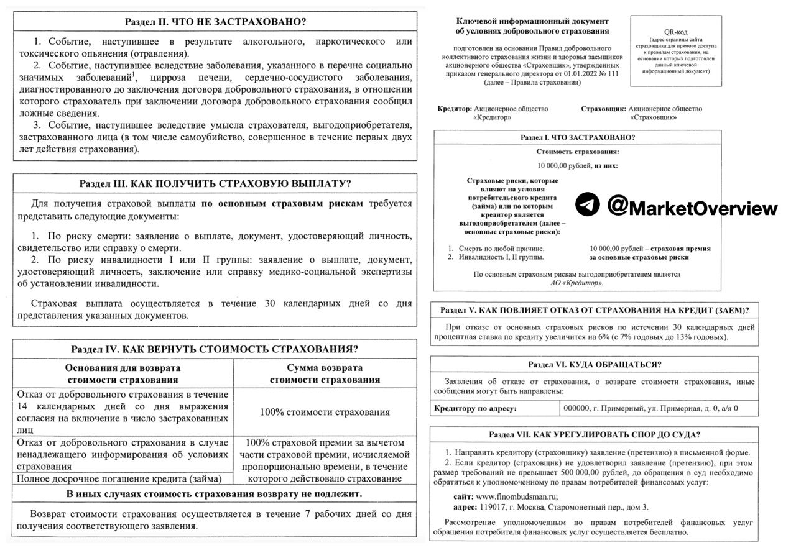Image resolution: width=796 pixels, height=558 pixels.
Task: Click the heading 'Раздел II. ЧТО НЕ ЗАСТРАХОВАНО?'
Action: (x=215, y=21)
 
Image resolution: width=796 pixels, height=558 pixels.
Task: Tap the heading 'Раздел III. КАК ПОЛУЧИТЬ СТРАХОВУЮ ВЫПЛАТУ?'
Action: (x=215, y=184)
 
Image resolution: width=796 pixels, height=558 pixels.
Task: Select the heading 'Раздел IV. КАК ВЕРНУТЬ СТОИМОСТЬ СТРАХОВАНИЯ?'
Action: (x=215, y=349)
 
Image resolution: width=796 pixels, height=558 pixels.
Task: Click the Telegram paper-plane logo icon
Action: (x=587, y=204)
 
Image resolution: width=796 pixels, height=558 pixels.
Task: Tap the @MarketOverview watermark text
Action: (x=692, y=207)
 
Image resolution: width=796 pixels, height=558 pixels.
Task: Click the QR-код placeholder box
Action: (x=676, y=50)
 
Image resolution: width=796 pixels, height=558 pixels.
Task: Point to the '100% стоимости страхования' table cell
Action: (x=325, y=412)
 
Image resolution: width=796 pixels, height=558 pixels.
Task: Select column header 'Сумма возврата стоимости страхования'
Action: (x=325, y=373)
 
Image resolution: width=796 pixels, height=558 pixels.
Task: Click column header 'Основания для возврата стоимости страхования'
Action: (x=123, y=373)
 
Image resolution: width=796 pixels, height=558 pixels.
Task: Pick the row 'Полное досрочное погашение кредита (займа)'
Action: (x=119, y=478)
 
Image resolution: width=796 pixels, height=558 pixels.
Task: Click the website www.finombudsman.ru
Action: (x=516, y=496)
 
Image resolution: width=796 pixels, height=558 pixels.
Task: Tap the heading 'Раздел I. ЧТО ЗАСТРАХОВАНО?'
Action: (x=578, y=137)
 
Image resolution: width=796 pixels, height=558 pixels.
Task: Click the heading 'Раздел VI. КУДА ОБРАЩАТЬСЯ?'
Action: (x=595, y=365)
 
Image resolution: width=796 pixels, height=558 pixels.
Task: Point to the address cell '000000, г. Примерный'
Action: (x=650, y=408)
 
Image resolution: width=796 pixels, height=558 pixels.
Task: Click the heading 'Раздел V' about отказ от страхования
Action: (x=595, y=310)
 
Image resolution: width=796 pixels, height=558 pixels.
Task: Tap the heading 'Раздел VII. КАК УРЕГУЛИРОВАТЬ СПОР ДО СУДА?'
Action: (x=595, y=434)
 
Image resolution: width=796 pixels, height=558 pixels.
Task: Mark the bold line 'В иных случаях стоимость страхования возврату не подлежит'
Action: (x=215, y=494)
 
